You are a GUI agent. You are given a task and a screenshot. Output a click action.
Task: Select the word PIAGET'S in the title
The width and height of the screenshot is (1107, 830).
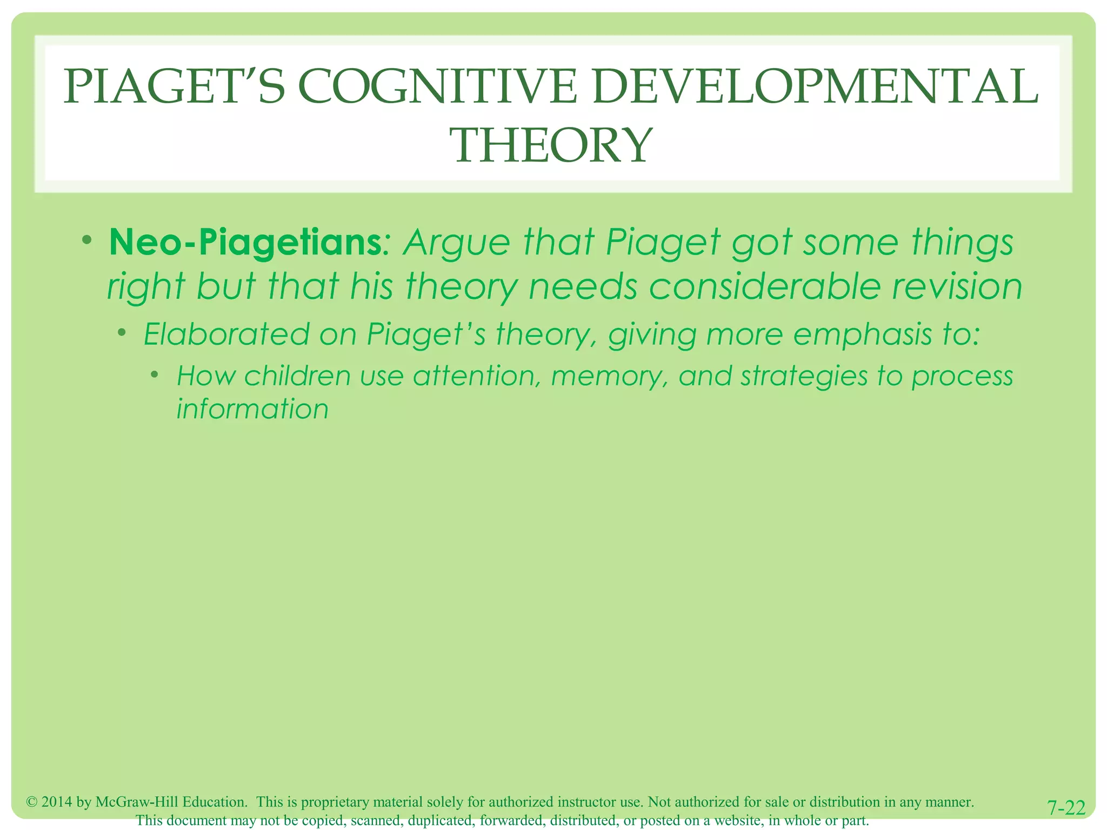click(x=174, y=87)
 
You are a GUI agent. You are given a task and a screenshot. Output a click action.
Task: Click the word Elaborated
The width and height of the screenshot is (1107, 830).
click(x=226, y=334)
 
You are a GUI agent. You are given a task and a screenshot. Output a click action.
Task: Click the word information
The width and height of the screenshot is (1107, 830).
click(x=252, y=409)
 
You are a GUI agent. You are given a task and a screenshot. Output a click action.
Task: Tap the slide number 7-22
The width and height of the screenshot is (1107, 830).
click(x=1066, y=808)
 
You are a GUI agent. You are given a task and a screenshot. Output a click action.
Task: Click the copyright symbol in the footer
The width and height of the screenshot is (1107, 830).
click(x=32, y=802)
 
